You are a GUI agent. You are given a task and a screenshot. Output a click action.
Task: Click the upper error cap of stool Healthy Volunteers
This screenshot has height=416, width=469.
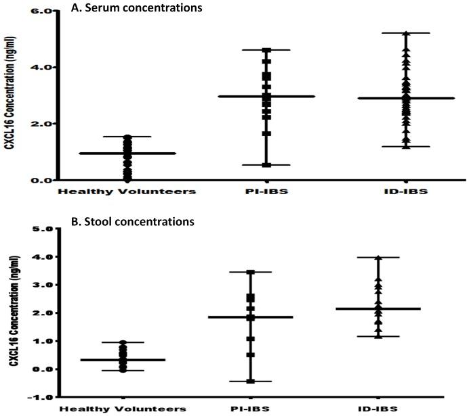122,342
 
